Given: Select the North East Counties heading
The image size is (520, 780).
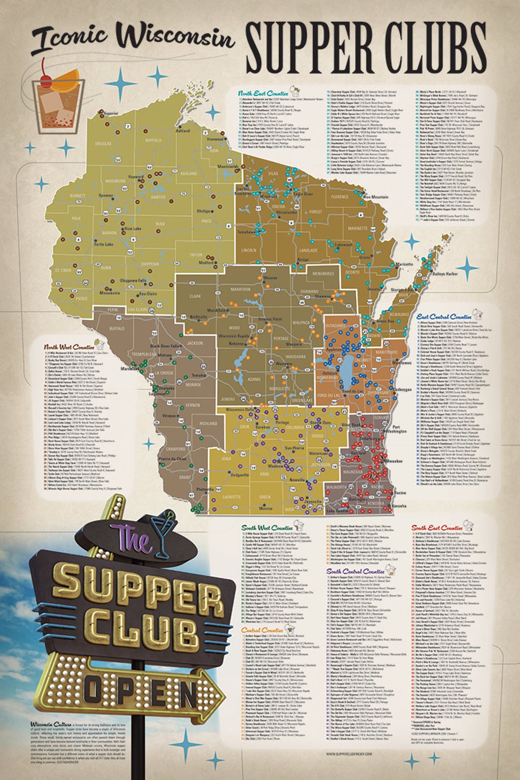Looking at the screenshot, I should tap(263, 93).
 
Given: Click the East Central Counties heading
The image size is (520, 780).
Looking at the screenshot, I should tap(444, 317).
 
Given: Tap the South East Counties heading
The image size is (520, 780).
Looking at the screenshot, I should tap(437, 528).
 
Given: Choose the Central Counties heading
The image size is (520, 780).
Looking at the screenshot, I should tap(262, 630).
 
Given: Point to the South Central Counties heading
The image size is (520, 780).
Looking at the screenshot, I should tap(355, 572).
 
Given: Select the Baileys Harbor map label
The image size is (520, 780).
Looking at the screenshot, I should tap(445, 273).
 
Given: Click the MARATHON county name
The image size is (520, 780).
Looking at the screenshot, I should tap(241, 289).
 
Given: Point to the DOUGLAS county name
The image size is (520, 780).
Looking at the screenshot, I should tap(103, 143).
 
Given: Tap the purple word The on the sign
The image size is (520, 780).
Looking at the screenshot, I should tap(127, 538).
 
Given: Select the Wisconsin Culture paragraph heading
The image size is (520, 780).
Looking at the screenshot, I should tap(51, 724).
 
